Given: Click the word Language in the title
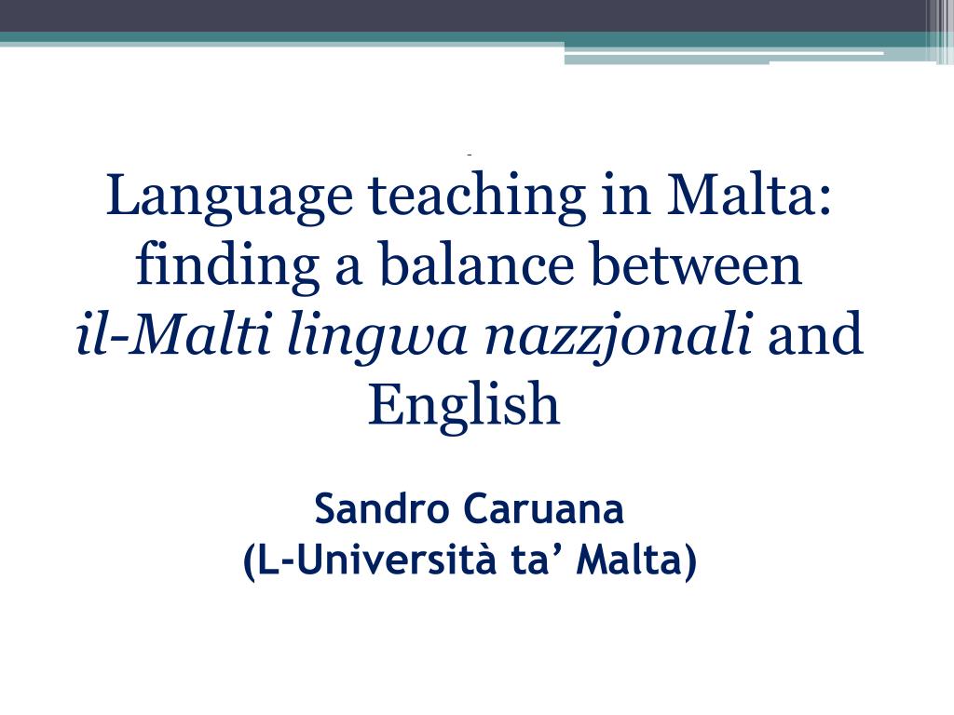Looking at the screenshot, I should [229, 198].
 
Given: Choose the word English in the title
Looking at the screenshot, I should [464, 407].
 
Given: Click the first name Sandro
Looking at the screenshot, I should [383, 510].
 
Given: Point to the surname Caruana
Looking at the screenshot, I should [544, 510].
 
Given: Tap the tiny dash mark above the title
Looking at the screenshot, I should [470, 153].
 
